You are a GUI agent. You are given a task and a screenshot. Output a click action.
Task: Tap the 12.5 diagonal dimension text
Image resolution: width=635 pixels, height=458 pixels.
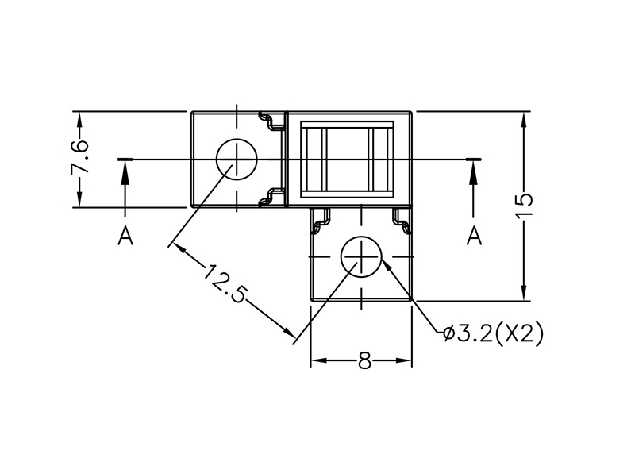(x=225, y=284)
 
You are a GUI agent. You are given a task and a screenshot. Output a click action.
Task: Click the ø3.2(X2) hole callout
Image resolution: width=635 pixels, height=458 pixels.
(x=493, y=334)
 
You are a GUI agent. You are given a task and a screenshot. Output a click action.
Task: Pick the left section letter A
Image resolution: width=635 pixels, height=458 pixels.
(x=125, y=236)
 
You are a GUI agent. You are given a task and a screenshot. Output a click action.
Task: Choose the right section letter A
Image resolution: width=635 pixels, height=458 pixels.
(x=475, y=236)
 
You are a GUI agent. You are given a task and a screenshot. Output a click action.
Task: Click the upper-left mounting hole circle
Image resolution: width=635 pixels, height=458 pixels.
(x=237, y=160)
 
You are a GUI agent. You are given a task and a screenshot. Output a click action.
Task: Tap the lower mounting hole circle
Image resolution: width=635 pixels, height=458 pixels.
(x=362, y=256)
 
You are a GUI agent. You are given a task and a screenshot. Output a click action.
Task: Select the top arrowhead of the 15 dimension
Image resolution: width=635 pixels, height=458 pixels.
(x=525, y=117)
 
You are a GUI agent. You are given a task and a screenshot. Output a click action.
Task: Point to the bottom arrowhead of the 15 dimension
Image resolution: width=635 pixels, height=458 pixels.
(x=525, y=295)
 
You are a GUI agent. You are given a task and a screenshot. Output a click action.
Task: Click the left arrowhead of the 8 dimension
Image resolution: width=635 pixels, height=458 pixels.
(x=315, y=361)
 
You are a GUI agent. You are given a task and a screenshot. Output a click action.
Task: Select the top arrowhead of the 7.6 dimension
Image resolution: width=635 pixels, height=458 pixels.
(x=79, y=117)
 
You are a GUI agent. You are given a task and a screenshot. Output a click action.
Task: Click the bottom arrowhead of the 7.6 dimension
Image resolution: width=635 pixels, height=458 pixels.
(x=79, y=202)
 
